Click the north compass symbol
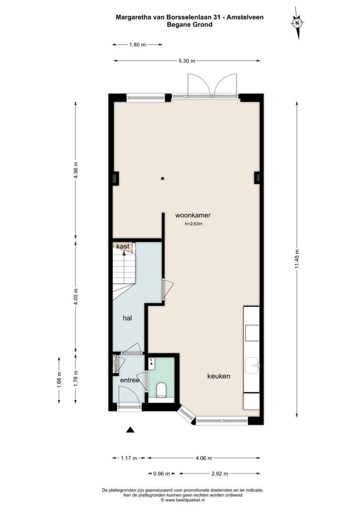(x=297, y=22)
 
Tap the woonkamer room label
(x=193, y=215)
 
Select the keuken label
(x=219, y=376)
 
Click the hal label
(x=127, y=318)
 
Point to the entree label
(x=130, y=380)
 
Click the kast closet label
(x=123, y=246)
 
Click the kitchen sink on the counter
(x=252, y=365)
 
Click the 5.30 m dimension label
(x=186, y=61)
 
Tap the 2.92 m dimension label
(x=219, y=474)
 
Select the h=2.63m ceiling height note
(x=193, y=224)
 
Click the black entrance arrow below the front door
(x=130, y=429)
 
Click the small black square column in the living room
(x=163, y=179)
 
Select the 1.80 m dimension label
(x=137, y=45)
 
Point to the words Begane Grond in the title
(x=189, y=25)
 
